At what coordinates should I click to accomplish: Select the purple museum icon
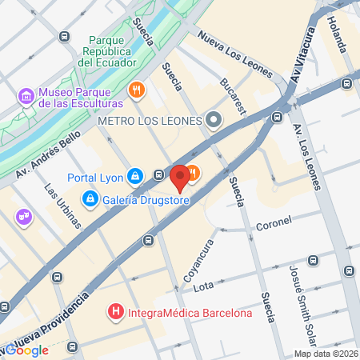pyautogui.click(x=26, y=97)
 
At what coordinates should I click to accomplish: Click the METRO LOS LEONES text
pyautogui.click(x=148, y=120)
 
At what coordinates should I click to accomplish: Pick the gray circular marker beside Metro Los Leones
pyautogui.click(x=214, y=121)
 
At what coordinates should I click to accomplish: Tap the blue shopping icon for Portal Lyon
pyautogui.click(x=135, y=175)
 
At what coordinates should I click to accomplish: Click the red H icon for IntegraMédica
pyautogui.click(x=117, y=311)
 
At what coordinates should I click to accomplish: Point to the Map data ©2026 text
pyautogui.click(x=326, y=354)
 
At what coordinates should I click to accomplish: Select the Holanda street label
pyautogui.click(x=337, y=35)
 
